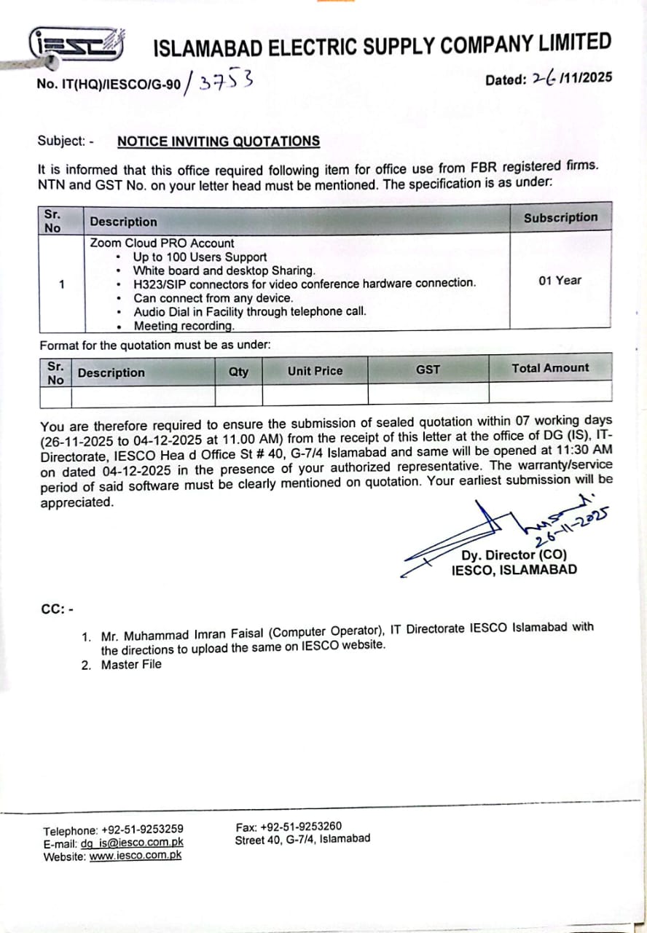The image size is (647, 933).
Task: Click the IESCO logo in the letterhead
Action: click(76, 44)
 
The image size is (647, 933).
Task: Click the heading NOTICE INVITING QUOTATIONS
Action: click(218, 141)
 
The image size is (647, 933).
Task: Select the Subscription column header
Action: click(560, 217)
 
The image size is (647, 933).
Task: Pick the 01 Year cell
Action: click(560, 280)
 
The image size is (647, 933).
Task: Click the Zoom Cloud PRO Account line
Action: click(162, 243)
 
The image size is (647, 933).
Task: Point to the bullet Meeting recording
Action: click(184, 326)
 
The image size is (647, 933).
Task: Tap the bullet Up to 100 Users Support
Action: click(200, 257)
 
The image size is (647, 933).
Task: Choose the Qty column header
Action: click(238, 372)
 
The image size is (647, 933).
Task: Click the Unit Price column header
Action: click(315, 371)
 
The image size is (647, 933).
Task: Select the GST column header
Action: click(428, 370)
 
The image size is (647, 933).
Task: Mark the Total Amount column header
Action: click(549, 368)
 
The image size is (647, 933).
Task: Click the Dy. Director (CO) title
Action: click(514, 555)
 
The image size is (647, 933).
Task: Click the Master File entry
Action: click(131, 664)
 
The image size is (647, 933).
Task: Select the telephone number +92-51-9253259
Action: click(142, 830)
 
